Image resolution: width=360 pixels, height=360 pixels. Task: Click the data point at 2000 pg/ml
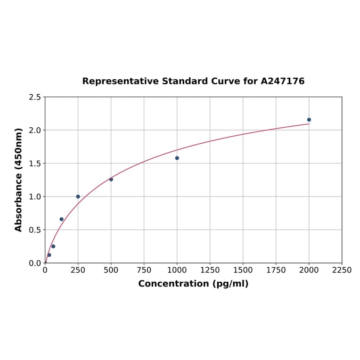[x=309, y=120]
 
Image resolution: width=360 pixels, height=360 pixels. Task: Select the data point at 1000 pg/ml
[x=177, y=158]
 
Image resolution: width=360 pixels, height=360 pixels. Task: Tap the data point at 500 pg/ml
[x=111, y=179]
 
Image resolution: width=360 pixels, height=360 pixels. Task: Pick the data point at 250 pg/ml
[x=78, y=196]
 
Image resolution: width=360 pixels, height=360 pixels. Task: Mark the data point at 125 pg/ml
[x=62, y=219]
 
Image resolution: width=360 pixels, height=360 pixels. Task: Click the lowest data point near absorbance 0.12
[x=49, y=255]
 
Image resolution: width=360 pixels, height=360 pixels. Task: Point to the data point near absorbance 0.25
[x=53, y=246]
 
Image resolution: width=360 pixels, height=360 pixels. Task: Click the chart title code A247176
[x=283, y=81]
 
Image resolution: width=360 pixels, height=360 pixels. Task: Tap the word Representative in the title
[x=120, y=81]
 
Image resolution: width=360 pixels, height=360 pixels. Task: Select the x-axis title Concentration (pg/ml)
[x=193, y=284]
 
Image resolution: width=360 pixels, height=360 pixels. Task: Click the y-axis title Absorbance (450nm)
[x=19, y=180]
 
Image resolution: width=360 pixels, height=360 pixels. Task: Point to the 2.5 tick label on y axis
[x=35, y=97]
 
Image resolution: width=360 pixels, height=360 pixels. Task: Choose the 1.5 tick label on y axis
[x=35, y=164]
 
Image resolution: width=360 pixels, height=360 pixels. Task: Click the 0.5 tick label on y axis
[x=35, y=230]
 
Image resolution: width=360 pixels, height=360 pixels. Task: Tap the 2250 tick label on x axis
[x=342, y=270]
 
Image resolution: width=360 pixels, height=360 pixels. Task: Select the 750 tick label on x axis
[x=144, y=270]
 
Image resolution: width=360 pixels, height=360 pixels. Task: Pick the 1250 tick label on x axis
[x=210, y=270]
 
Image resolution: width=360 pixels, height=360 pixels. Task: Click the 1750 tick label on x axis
[x=276, y=270]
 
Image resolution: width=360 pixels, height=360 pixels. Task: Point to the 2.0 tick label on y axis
[x=35, y=130]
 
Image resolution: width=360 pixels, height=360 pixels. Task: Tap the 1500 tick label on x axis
[x=243, y=270]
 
